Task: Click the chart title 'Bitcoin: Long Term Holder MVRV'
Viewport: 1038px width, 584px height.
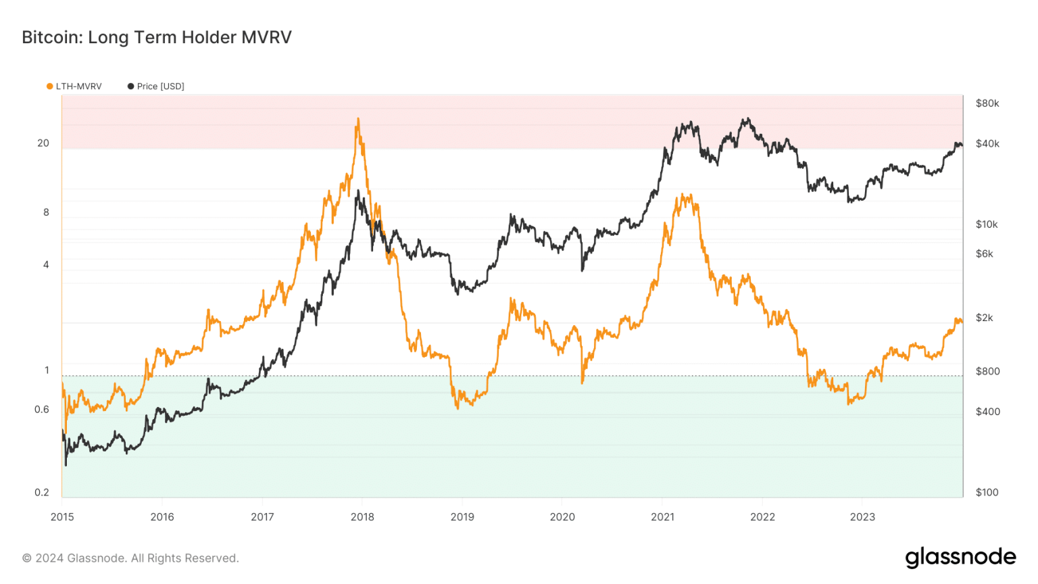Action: pos(157,37)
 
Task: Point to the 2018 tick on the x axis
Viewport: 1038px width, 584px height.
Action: pos(362,517)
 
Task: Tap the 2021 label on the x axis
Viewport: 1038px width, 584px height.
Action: pos(662,517)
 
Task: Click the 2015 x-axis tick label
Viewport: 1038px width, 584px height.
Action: pos(62,517)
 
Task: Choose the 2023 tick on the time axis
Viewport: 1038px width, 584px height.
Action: pos(862,517)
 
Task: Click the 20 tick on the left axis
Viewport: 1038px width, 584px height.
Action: pos(43,143)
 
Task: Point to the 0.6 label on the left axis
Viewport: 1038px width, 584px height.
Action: pos(42,410)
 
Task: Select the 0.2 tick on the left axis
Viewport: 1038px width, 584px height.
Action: pos(42,493)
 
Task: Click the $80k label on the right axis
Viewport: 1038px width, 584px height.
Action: pos(987,103)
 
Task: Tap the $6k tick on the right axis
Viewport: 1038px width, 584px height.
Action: pos(985,254)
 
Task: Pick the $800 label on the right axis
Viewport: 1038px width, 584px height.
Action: pos(987,372)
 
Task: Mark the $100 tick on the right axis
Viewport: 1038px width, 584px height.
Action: pos(987,493)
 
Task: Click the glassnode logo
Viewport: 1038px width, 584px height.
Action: pos(960,558)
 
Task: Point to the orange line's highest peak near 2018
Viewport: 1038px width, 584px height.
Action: pos(357,120)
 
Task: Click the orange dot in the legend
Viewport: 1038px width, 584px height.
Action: pos(49,87)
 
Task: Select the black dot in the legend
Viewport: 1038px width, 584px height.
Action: pos(130,87)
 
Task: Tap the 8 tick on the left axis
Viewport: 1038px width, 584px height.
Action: pos(46,212)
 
